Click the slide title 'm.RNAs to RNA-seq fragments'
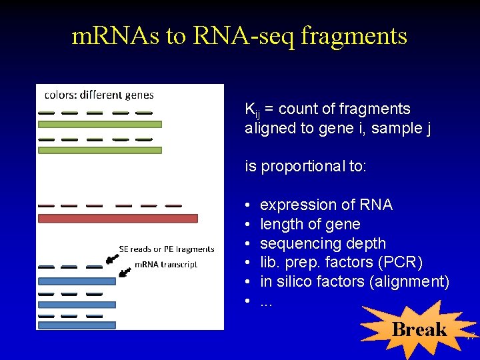point(239,36)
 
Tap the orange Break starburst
point(419,329)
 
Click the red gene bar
point(118,218)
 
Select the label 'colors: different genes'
point(99,95)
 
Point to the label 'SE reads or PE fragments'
point(167,249)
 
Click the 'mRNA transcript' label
point(166,265)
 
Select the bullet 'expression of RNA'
point(326,205)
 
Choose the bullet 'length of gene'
point(310,224)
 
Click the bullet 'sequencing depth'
point(323,243)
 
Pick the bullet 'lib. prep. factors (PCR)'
point(341,263)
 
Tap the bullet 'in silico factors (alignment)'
point(355,281)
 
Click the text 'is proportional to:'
point(305,166)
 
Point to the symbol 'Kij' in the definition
point(252,110)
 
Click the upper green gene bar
point(100,124)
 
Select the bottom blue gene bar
point(77,325)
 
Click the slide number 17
point(470,337)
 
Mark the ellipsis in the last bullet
point(267,302)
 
